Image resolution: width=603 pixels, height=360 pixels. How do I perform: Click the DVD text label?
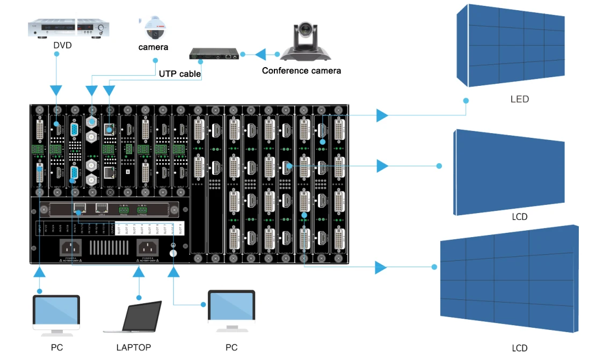coord(62,45)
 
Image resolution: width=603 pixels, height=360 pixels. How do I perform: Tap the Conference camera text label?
coord(301,71)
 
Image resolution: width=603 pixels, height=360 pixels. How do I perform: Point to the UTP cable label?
coord(179,74)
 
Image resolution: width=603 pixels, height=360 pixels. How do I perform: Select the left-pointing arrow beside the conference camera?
coord(260,54)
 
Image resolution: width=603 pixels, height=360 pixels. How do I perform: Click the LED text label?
coord(519,99)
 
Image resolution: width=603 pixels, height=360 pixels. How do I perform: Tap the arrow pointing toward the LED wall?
coord(382,114)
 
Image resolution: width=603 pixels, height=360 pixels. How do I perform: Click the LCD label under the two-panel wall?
coord(519,217)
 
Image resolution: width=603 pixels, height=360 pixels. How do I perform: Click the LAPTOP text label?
coord(134,347)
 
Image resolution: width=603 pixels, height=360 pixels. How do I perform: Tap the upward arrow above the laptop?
coord(139,272)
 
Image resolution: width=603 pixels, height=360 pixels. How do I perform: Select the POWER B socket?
coord(149,247)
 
